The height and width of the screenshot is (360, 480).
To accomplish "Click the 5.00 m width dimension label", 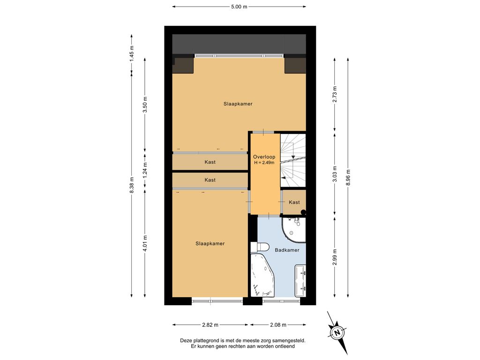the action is [239, 7].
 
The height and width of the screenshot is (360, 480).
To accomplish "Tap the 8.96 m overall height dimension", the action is [348, 178].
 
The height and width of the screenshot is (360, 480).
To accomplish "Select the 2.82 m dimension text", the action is [210, 325].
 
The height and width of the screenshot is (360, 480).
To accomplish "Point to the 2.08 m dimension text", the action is [278, 325].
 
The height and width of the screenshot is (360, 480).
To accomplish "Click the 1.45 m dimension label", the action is [132, 53].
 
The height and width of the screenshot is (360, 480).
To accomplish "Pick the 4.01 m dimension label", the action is [145, 243].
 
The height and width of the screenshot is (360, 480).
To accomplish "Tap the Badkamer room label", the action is [287, 250].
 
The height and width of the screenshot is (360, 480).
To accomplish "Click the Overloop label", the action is [264, 157].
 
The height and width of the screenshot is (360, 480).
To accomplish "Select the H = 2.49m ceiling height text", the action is [264, 163].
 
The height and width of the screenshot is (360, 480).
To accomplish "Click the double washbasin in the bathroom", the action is [300, 281].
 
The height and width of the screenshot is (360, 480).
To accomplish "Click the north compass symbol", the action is [337, 332].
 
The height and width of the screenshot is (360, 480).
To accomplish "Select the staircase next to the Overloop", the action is [293, 160].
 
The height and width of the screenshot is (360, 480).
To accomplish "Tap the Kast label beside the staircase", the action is [294, 202].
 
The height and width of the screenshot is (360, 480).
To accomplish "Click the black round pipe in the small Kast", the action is [303, 211].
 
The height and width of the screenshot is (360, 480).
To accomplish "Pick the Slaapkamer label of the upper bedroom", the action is [238, 104].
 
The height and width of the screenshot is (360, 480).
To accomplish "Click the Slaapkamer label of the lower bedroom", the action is [210, 243].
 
